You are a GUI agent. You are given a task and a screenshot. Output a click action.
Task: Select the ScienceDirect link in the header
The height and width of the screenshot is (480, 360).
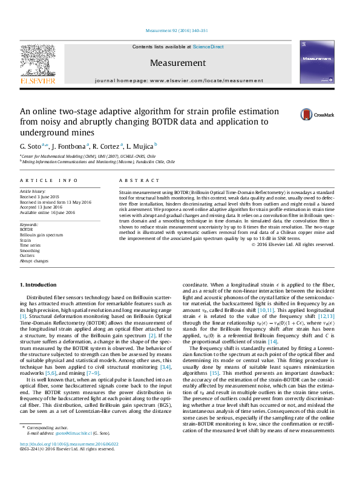click(209, 47)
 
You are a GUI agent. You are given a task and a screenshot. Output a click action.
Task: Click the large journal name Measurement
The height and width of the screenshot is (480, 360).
click(178, 63)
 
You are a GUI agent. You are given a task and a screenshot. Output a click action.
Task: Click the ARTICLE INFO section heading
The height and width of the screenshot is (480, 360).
click(49, 180)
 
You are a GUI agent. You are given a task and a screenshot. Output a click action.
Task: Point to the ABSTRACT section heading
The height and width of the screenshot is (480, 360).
click(131, 180)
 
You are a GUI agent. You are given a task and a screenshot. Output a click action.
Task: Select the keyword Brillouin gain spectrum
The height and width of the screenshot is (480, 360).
click(41, 235)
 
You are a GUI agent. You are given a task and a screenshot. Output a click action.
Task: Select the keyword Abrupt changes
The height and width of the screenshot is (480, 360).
click(34, 261)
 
